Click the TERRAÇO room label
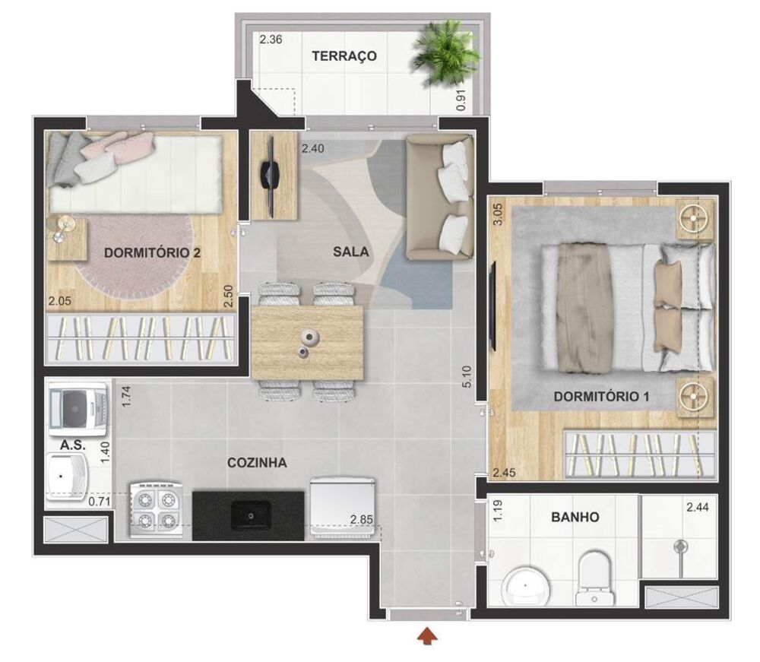click(x=344, y=56)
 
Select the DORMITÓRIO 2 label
click(x=152, y=252)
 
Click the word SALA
click(x=350, y=252)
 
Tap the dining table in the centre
click(x=306, y=341)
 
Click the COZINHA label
click(x=257, y=462)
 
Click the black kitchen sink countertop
click(x=248, y=515)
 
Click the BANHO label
click(x=575, y=518)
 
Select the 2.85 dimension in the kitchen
click(x=363, y=520)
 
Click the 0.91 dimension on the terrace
click(x=461, y=100)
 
